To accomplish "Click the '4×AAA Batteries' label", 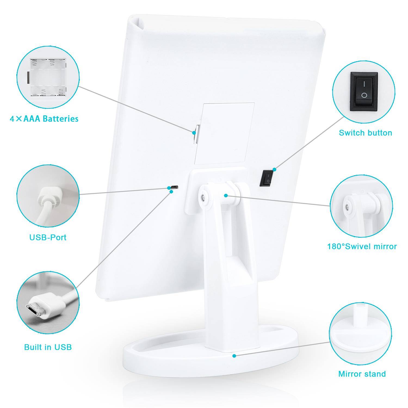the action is click(x=44, y=119).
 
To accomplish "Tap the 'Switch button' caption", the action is click(x=365, y=133).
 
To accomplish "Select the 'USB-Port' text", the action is click(x=48, y=237).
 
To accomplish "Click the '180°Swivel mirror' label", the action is click(x=362, y=246).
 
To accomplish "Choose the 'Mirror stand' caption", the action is click(x=362, y=374).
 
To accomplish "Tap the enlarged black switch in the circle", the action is click(x=364, y=92).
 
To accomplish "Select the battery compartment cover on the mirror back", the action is click(x=225, y=134).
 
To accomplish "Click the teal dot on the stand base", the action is click(x=234, y=355).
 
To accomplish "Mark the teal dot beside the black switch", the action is click(x=274, y=169).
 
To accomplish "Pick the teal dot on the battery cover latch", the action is click(x=194, y=133).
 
